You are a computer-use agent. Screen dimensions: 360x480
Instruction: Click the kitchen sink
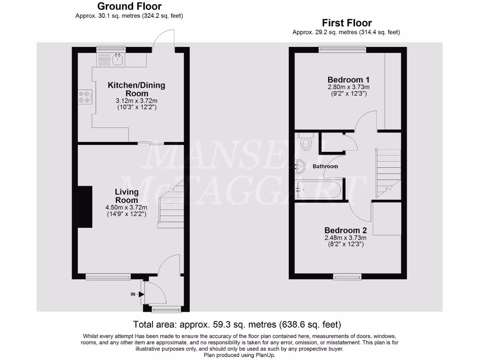(117, 60)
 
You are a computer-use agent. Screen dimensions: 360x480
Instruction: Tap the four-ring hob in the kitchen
(84, 97)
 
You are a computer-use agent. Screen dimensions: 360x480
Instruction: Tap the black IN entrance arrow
(141, 294)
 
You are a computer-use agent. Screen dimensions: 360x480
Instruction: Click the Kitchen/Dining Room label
(136, 89)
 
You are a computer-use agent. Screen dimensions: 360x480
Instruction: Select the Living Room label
(127, 196)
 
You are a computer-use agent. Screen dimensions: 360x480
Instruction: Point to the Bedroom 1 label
(348, 79)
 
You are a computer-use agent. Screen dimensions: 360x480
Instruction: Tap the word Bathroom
(325, 166)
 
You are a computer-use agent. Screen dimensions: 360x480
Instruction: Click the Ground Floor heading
(129, 7)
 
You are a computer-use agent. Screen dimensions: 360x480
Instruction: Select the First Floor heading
(346, 22)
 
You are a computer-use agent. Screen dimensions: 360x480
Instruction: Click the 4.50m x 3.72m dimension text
(126, 208)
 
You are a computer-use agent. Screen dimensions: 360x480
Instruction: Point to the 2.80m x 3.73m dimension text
(348, 87)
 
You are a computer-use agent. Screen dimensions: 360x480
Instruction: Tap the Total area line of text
(237, 324)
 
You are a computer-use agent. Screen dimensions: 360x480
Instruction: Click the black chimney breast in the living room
(85, 206)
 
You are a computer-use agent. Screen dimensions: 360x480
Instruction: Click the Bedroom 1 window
(342, 49)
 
